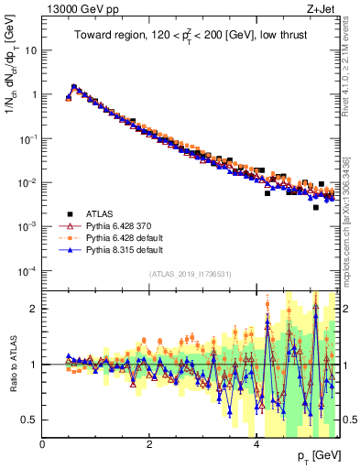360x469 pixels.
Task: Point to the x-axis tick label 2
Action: [x=149, y=443]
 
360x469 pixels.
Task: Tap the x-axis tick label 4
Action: [x=256, y=443]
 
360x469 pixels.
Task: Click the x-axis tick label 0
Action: [x=43, y=443]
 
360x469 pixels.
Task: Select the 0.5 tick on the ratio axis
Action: [x=30, y=420]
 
